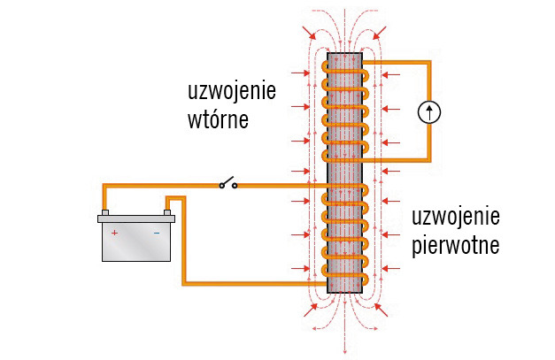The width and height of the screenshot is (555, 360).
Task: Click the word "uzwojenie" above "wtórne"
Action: coord(232,92)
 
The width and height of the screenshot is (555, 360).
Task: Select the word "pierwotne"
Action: coord(456,244)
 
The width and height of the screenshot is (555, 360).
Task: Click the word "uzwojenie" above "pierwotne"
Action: coord(457,218)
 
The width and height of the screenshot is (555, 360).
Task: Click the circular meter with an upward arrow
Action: coord(429,111)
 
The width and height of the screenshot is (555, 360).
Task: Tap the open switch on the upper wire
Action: coord(228,184)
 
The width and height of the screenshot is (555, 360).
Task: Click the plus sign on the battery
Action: coord(114,233)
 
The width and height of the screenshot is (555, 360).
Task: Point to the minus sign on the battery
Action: coord(157,233)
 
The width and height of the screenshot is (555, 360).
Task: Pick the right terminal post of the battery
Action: coord(166,212)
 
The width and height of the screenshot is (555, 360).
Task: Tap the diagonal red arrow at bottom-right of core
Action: coord(380,309)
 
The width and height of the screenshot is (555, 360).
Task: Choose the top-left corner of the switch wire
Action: coord(104,186)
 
